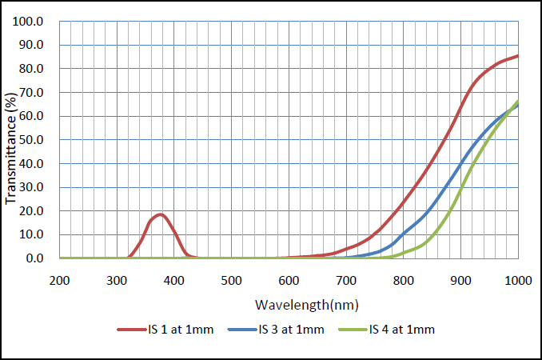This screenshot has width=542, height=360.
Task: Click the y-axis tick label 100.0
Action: pyautogui.click(x=32, y=22)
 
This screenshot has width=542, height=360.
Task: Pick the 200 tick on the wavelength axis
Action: pyautogui.click(x=59, y=281)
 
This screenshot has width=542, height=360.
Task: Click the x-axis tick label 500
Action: pyautogui.click(x=231, y=281)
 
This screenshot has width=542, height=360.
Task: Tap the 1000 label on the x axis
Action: pyautogui.click(x=517, y=281)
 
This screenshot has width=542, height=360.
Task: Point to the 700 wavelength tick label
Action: pyautogui.click(x=346, y=281)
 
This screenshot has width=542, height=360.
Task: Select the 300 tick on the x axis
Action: pyautogui.click(x=117, y=281)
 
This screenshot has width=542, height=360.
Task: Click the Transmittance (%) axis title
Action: pyautogui.click(x=10, y=141)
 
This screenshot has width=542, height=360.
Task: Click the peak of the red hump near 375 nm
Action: pyautogui.click(x=160, y=214)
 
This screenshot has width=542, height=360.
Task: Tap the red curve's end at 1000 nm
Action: pyautogui.click(x=518, y=55)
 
